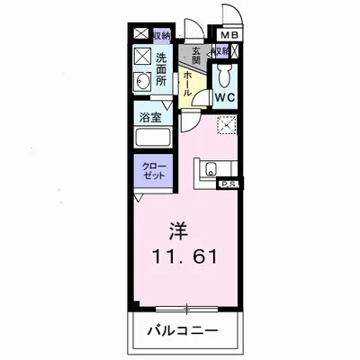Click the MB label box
230,35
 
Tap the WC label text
225,96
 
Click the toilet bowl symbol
226,74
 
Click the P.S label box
229,184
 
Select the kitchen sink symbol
212,167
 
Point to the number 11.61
184,256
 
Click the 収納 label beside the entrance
220,52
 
